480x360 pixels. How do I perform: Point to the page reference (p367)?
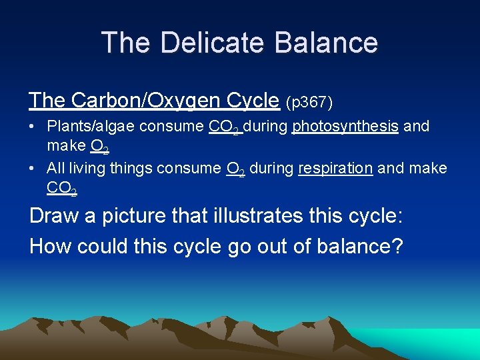coord(309,102)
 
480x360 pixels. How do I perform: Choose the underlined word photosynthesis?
coord(345,126)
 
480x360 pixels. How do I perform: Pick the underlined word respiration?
coord(335,168)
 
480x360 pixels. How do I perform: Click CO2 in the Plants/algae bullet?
coord(224,127)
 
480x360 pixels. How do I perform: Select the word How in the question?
coord(50,246)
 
